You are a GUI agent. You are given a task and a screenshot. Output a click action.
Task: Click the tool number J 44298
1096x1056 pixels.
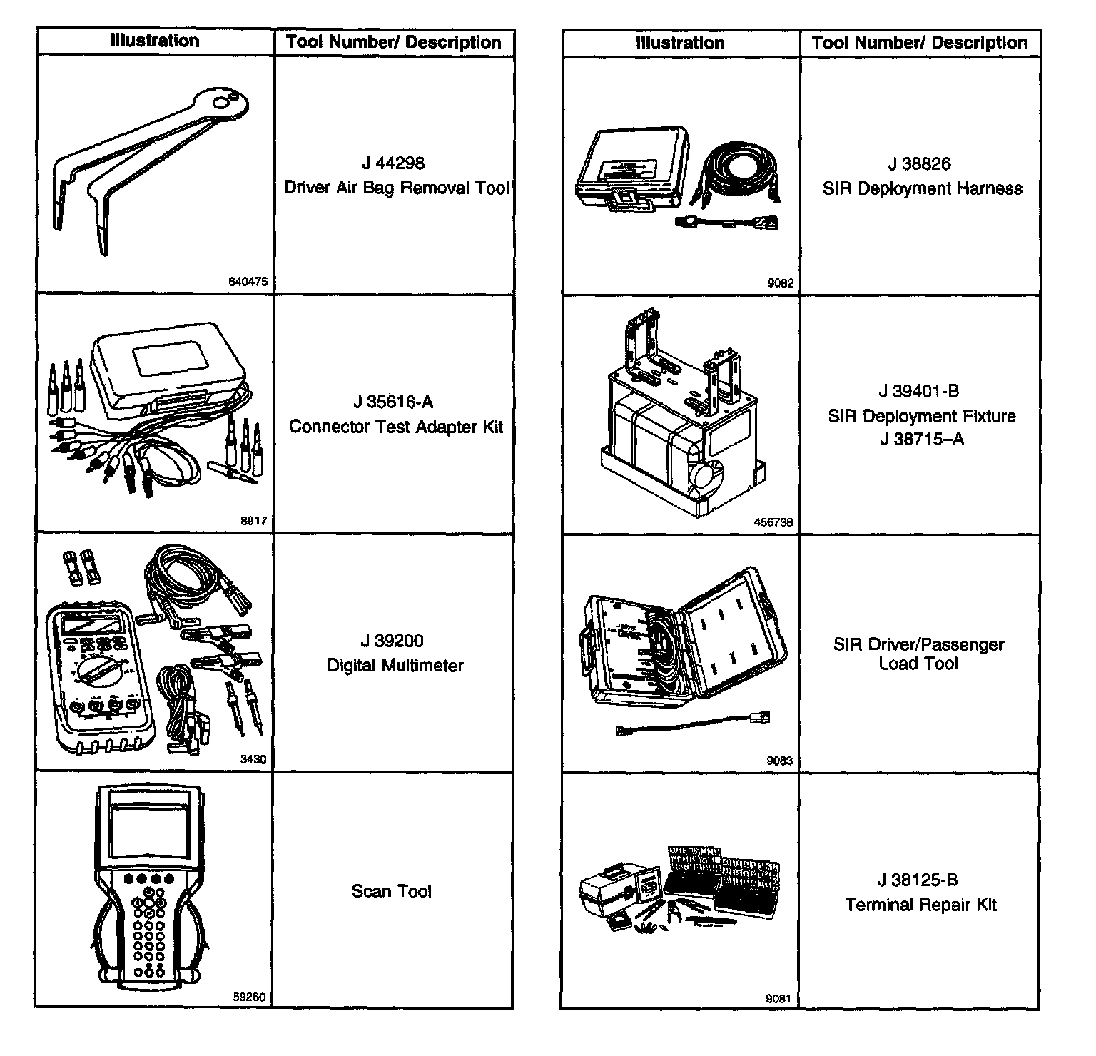[x=393, y=163]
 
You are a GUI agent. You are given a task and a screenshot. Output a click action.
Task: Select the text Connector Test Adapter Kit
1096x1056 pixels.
[x=395, y=427]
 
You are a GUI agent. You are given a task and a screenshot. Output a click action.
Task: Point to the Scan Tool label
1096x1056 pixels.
[x=392, y=891]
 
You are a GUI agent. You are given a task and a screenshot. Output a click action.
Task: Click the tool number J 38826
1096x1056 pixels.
[x=920, y=164]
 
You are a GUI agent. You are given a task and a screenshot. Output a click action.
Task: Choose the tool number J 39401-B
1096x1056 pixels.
[x=920, y=391]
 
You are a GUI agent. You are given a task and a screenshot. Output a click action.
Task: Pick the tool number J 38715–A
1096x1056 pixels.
[x=922, y=439]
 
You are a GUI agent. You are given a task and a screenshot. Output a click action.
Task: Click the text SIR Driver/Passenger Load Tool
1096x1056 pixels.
[x=919, y=654]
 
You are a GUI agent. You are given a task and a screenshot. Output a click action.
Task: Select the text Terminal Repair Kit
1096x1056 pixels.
[x=920, y=905]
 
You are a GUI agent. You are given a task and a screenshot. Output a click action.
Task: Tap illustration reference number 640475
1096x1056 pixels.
[x=248, y=282]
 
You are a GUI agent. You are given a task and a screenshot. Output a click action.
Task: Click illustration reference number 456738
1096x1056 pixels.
[x=773, y=522]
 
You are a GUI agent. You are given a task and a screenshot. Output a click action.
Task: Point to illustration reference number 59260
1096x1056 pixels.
[x=249, y=997]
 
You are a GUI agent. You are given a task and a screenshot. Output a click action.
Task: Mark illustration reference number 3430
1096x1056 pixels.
[x=253, y=759]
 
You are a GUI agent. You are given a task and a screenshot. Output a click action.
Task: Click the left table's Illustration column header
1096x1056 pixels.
[x=155, y=41]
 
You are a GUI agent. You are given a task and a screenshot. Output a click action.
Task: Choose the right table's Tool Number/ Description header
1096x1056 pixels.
[x=920, y=43]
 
